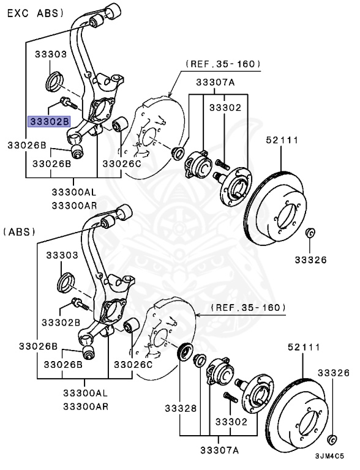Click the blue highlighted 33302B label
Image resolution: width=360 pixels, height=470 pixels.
[x=50, y=121]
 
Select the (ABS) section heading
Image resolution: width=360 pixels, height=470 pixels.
[x=20, y=232]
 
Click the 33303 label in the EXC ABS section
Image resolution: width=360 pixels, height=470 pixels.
[x=49, y=54]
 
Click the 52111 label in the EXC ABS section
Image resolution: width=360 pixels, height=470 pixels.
[x=282, y=140]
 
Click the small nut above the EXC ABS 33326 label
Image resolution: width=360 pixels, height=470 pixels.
[x=310, y=233]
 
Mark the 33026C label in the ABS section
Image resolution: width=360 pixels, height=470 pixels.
[x=132, y=365]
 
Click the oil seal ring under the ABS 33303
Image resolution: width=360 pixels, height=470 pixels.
[x=66, y=282]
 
